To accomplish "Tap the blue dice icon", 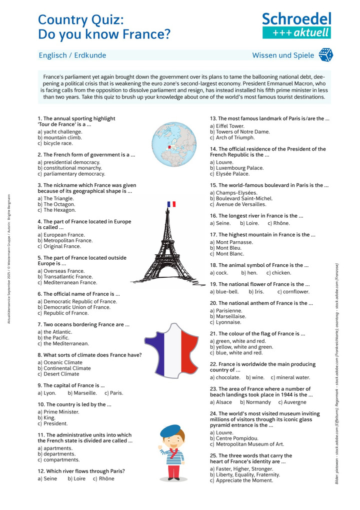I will pos(325,55).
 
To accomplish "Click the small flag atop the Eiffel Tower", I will pos(171,204).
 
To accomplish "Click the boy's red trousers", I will pos(173,470).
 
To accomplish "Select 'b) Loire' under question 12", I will pos(76,478).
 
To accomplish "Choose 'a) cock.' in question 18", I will pos(219,273).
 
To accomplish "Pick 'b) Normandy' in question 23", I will pos(255,402).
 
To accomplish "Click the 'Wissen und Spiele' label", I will pos(283,56).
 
